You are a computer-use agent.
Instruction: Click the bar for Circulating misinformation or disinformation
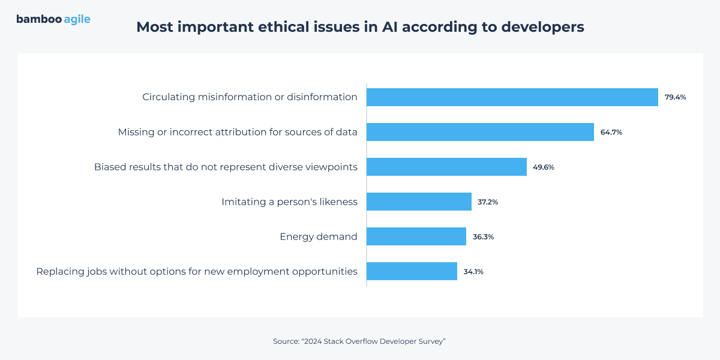512,97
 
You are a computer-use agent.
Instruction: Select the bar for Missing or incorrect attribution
480,132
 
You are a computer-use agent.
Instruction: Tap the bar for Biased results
446,167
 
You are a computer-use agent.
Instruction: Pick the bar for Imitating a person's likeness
419,202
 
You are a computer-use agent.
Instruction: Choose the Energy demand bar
416,236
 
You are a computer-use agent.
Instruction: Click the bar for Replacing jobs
412,271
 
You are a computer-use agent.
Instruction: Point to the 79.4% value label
675,97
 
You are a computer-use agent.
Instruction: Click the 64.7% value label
611,132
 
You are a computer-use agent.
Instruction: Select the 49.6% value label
544,167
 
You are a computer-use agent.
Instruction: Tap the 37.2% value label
488,202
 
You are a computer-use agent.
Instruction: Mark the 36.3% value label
483,236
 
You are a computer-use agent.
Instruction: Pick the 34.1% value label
473,271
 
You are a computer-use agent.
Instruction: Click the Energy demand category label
319,236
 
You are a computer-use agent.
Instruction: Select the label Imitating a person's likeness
289,202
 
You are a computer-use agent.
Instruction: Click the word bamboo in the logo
38,19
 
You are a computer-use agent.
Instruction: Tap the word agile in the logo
77,20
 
